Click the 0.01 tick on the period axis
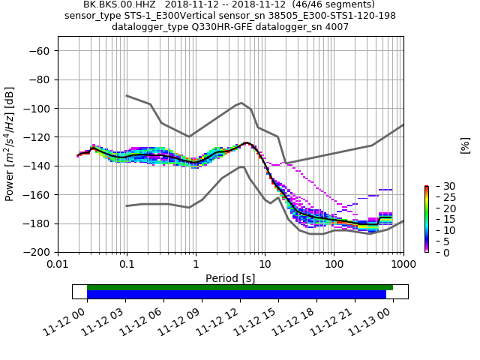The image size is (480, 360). tap(58, 264)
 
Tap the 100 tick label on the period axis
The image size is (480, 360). tap(334, 264)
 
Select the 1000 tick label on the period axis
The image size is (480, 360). tap(403, 264)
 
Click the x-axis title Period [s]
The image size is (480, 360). tap(230, 277)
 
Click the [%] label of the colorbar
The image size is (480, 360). tap(465, 145)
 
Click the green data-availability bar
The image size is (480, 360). tap(240, 287)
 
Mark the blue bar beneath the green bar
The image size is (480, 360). tap(236, 295)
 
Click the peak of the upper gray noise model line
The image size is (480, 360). tap(241, 103)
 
